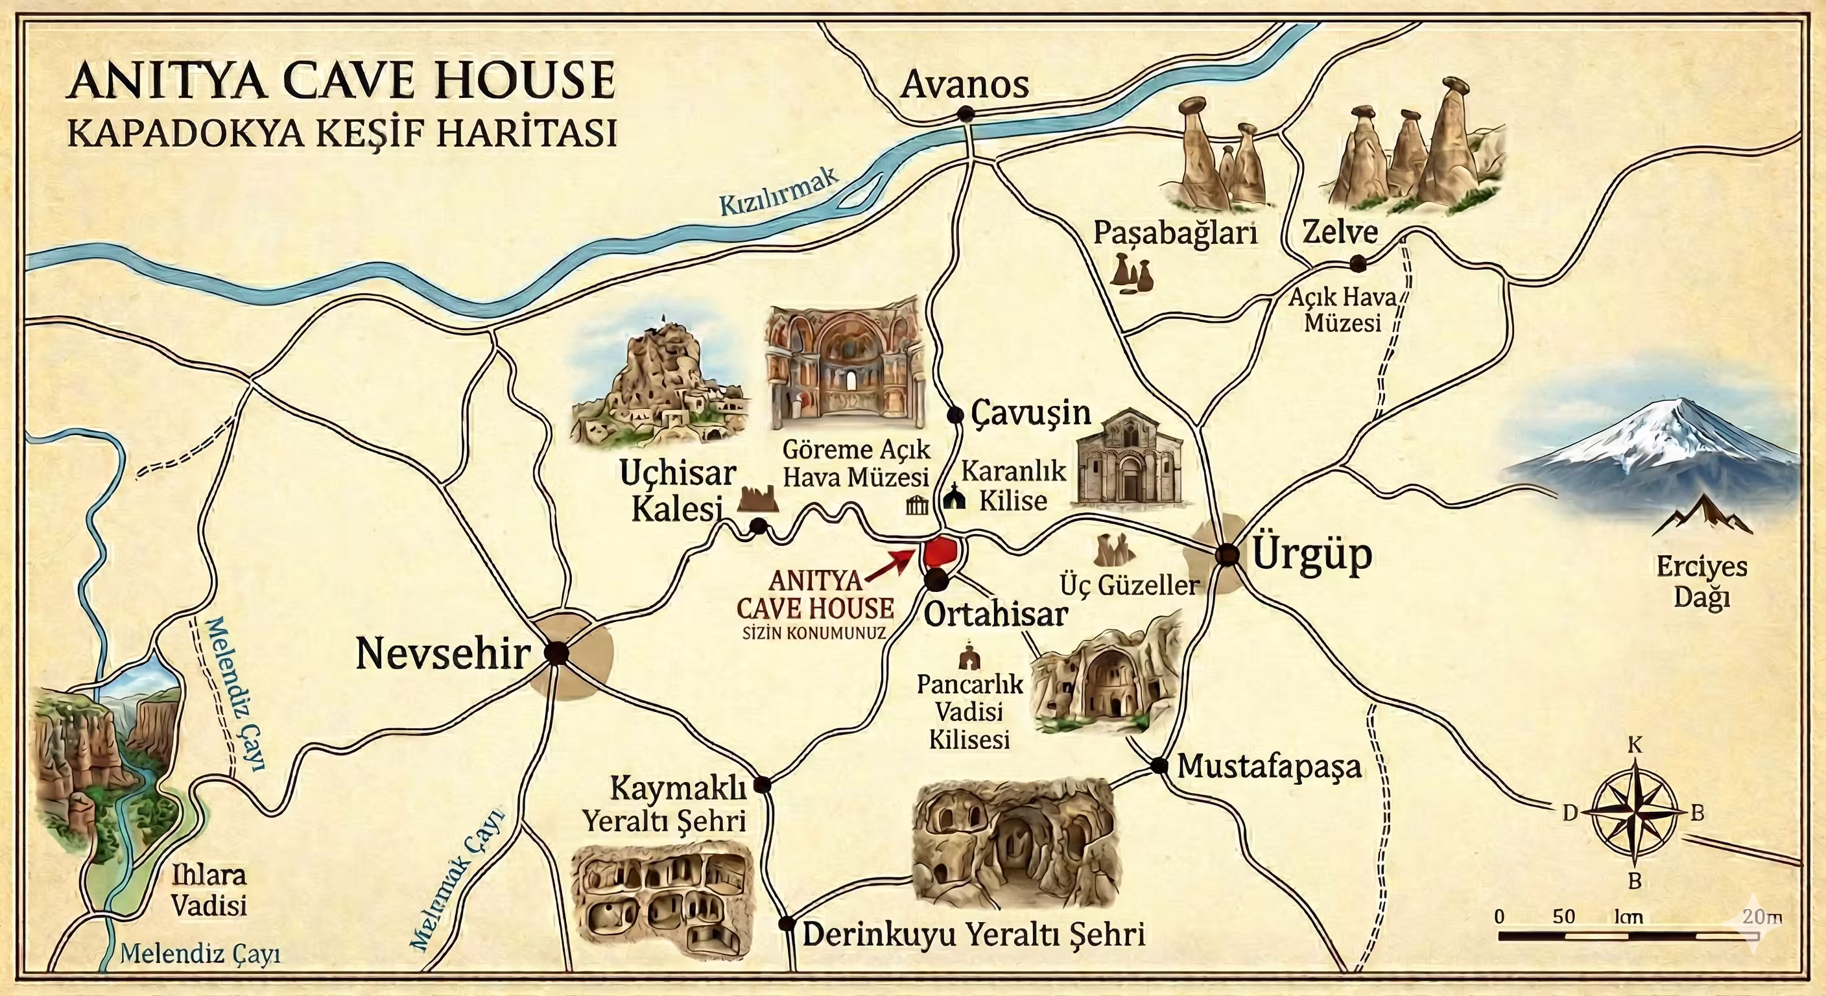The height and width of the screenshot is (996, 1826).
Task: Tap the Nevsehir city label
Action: [x=443, y=654]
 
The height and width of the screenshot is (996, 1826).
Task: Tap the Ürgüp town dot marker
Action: [x=1226, y=554]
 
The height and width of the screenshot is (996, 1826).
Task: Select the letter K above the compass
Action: [x=1635, y=744]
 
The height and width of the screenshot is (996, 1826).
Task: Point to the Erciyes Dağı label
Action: [x=1701, y=581]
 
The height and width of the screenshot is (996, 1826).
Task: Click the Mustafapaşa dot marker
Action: [x=1159, y=766]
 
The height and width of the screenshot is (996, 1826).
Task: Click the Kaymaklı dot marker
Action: [x=762, y=784]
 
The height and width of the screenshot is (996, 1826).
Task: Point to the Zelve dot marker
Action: [x=1357, y=264]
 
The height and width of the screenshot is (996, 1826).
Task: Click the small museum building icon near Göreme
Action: [x=918, y=505]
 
